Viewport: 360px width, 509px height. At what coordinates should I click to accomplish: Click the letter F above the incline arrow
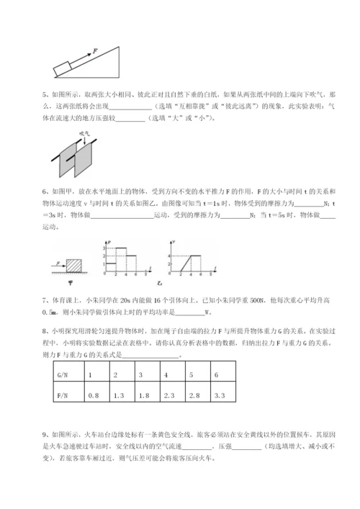[x=94, y=51]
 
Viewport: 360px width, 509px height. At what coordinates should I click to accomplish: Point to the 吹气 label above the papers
[x=82, y=134]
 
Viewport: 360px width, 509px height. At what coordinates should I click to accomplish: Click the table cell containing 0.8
[x=93, y=395]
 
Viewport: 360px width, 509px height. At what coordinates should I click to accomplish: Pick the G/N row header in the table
[x=62, y=376]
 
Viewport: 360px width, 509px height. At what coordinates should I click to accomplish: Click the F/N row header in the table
[x=62, y=395]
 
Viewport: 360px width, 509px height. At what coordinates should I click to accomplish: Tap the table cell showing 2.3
[x=170, y=395]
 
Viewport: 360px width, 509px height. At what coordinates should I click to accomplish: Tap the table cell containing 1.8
[x=144, y=395]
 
